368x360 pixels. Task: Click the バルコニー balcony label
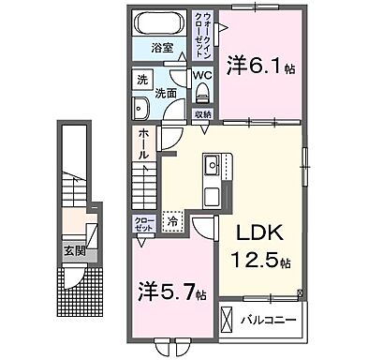click(272, 320)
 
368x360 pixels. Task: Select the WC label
click(201, 75)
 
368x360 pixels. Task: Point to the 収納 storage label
click(203, 115)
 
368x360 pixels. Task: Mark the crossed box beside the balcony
click(228, 320)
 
